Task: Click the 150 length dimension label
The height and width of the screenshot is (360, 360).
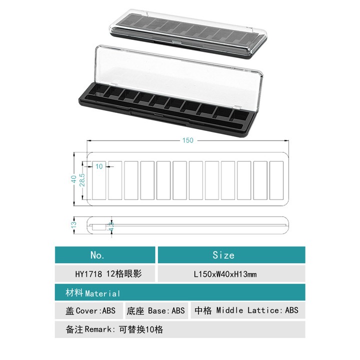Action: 187,140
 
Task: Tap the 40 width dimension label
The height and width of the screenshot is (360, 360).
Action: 73,179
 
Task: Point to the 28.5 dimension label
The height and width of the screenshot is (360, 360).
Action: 82,180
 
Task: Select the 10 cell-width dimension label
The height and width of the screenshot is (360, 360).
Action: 99,166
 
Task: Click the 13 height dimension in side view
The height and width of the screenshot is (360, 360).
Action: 73,225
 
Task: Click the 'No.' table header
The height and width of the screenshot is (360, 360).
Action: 97,255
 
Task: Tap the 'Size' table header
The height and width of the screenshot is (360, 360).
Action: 223,255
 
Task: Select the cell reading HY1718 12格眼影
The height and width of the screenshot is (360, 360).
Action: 108,273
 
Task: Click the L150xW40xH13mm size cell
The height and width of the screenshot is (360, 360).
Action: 225,274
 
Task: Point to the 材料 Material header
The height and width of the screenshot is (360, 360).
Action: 93,293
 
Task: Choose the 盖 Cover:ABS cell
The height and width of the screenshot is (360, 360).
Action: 90,310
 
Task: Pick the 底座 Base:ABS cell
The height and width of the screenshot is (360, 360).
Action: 155,310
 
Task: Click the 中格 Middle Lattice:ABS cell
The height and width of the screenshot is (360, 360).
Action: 246,310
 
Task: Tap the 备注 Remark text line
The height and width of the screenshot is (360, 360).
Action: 114,329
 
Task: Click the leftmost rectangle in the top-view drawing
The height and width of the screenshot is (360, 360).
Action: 99,180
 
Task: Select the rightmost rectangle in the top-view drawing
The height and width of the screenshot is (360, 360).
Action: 276,180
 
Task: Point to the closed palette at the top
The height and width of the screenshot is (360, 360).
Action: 188,33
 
